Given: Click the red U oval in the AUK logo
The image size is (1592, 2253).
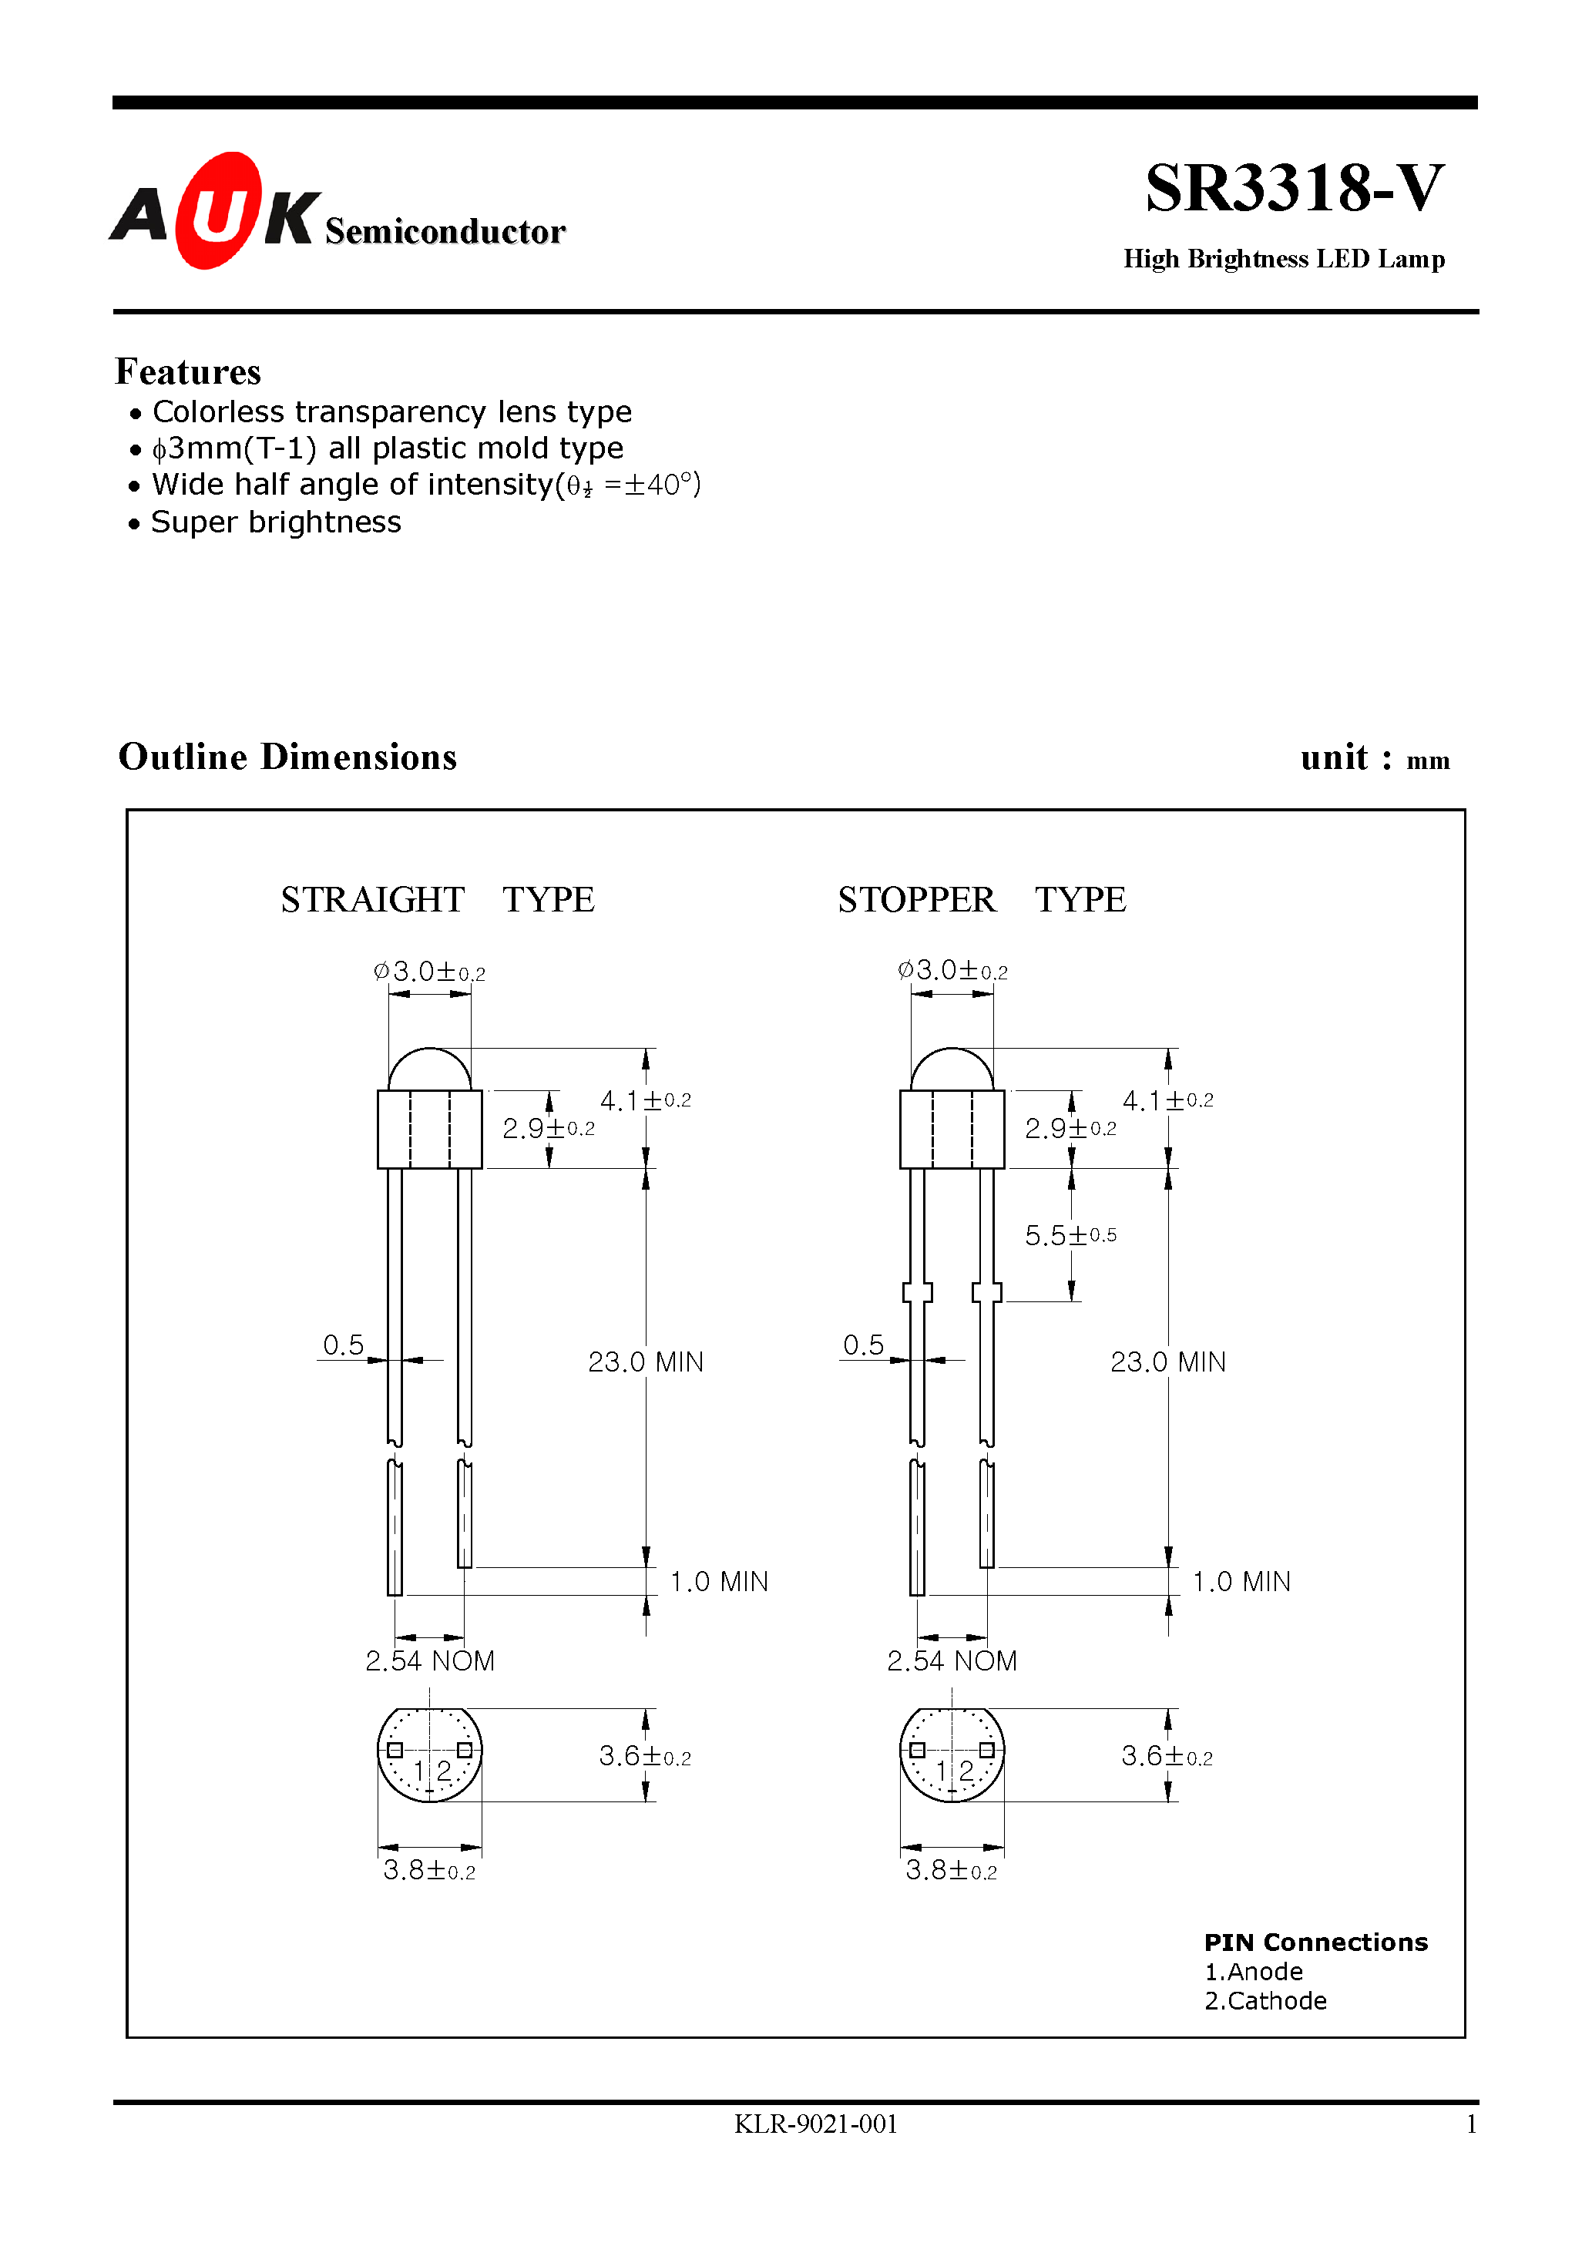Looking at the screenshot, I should click(x=218, y=211).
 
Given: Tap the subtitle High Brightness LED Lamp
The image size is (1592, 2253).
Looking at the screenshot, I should click(x=1283, y=259).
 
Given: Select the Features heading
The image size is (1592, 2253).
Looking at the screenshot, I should click(x=187, y=372).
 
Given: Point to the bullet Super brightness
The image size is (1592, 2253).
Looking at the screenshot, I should click(x=276, y=522).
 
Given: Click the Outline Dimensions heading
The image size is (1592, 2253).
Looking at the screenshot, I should click(x=287, y=757).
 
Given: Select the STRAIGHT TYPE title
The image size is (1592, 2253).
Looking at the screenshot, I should click(x=437, y=900).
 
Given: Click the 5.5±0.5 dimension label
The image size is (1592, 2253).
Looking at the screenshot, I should click(x=1070, y=1235).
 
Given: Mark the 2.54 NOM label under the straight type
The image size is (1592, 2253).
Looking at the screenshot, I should click(x=430, y=1661).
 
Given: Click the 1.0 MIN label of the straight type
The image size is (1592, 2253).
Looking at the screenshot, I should click(x=718, y=1582).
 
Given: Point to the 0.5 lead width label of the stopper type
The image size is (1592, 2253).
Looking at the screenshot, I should click(x=863, y=1345).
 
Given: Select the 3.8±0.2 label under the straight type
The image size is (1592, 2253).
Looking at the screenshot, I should click(x=429, y=1870).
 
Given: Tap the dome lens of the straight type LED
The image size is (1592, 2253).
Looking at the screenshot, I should click(x=429, y=1069).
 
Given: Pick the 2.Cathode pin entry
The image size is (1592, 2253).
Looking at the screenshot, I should click(x=1265, y=2001).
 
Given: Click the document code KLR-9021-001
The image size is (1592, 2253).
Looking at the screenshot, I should click(x=815, y=2124).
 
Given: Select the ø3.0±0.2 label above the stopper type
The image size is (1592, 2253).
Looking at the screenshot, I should click(x=952, y=971).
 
